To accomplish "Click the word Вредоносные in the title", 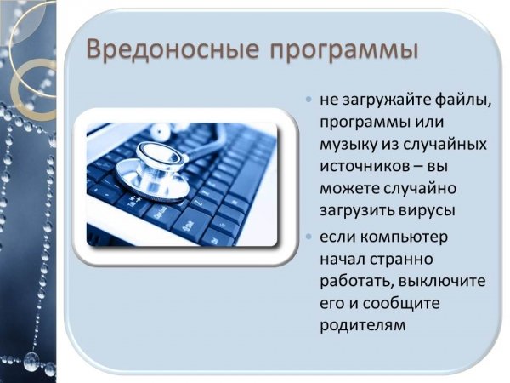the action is coord(173,49).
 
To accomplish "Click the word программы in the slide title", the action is coord(343,51).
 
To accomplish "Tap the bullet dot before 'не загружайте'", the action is coord(309,99).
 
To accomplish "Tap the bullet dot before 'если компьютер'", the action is coord(309,236).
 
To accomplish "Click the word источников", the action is coord(365,166).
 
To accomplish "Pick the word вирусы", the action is coord(427,210).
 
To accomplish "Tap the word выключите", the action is coord(442,280).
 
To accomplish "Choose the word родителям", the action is coord(363,325).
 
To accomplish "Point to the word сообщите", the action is coord(401,304).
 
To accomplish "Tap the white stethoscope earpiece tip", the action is coord(161,131).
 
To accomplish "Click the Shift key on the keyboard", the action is coord(189,226).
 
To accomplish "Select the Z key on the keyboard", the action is coord(199,205).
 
